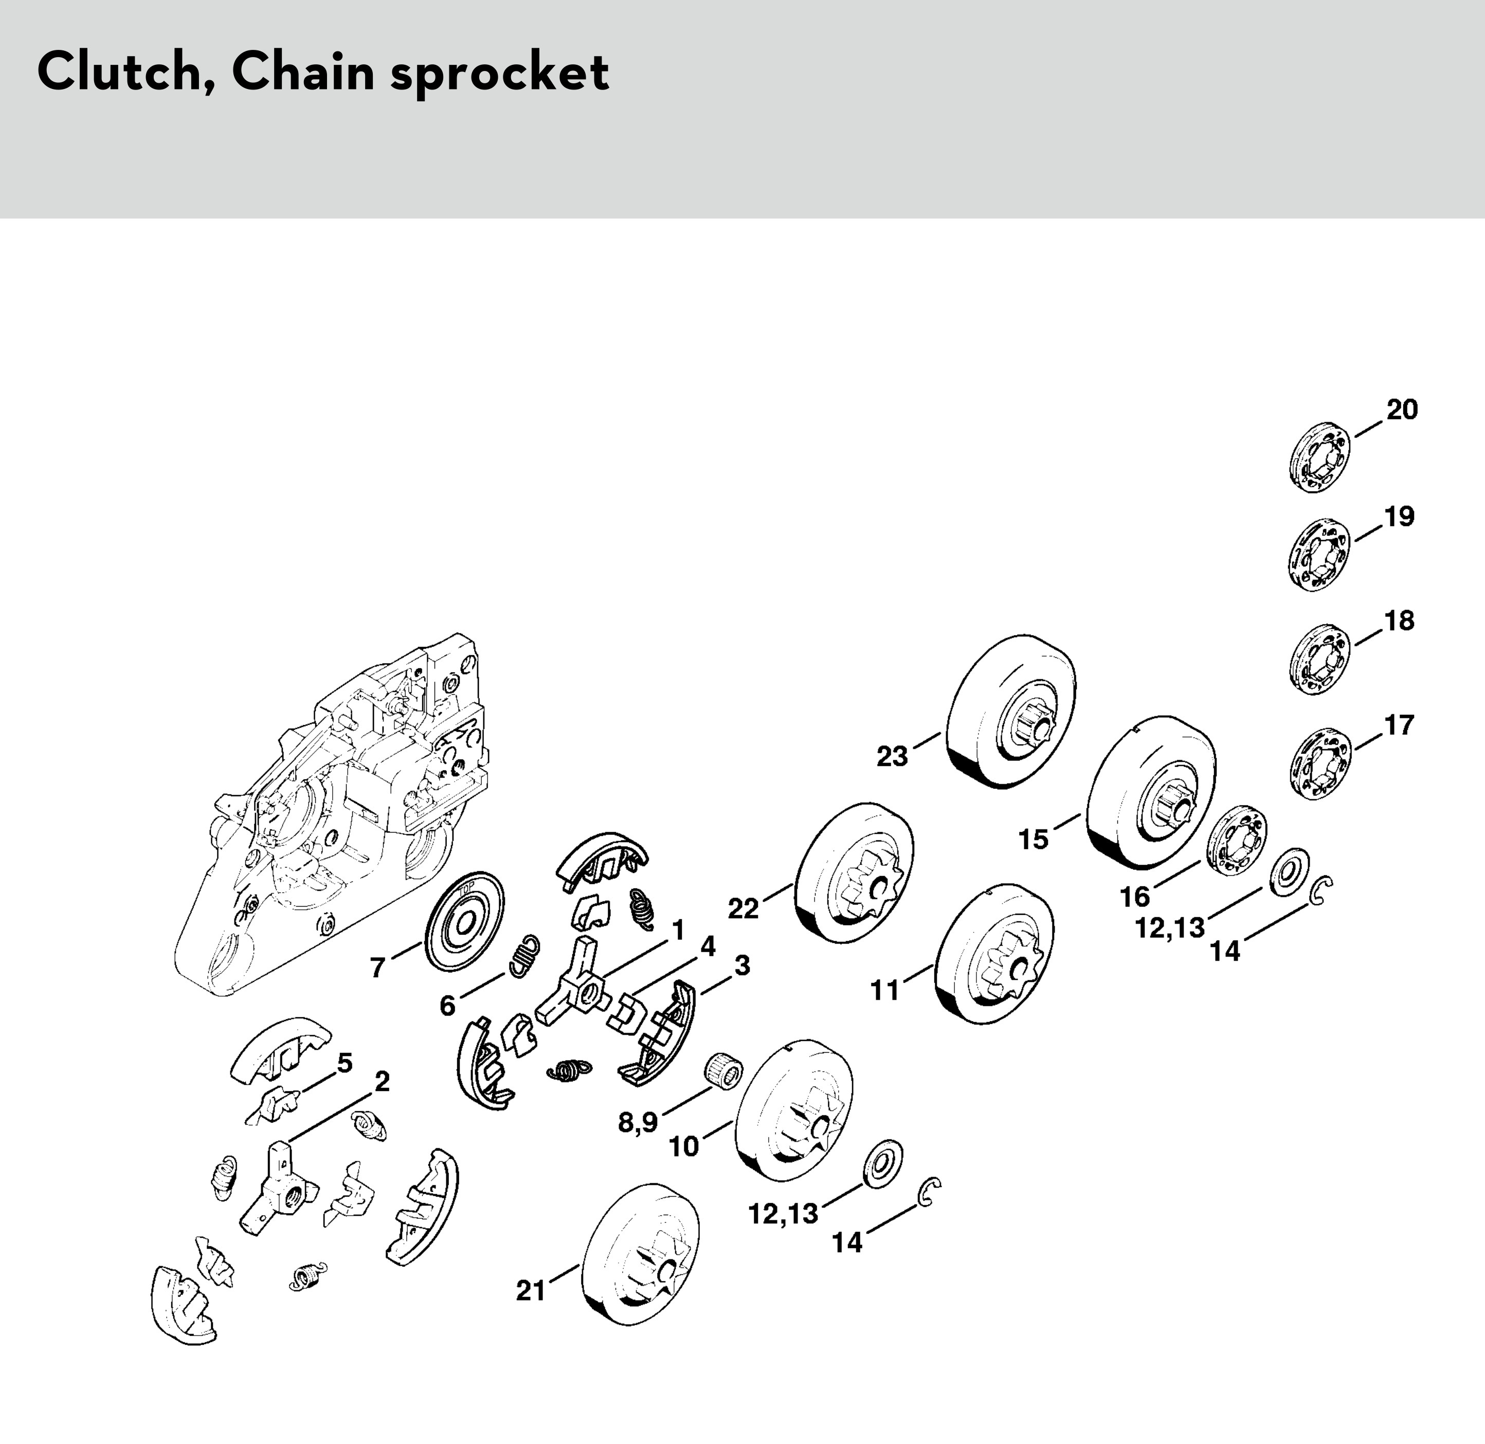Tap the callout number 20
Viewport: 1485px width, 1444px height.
[x=1402, y=410]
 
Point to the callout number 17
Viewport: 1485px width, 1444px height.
[x=1399, y=726]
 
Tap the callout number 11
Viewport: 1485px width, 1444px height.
[x=884, y=990]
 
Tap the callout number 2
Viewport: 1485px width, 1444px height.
[x=382, y=1081]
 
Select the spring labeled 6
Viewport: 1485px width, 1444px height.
[x=522, y=955]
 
